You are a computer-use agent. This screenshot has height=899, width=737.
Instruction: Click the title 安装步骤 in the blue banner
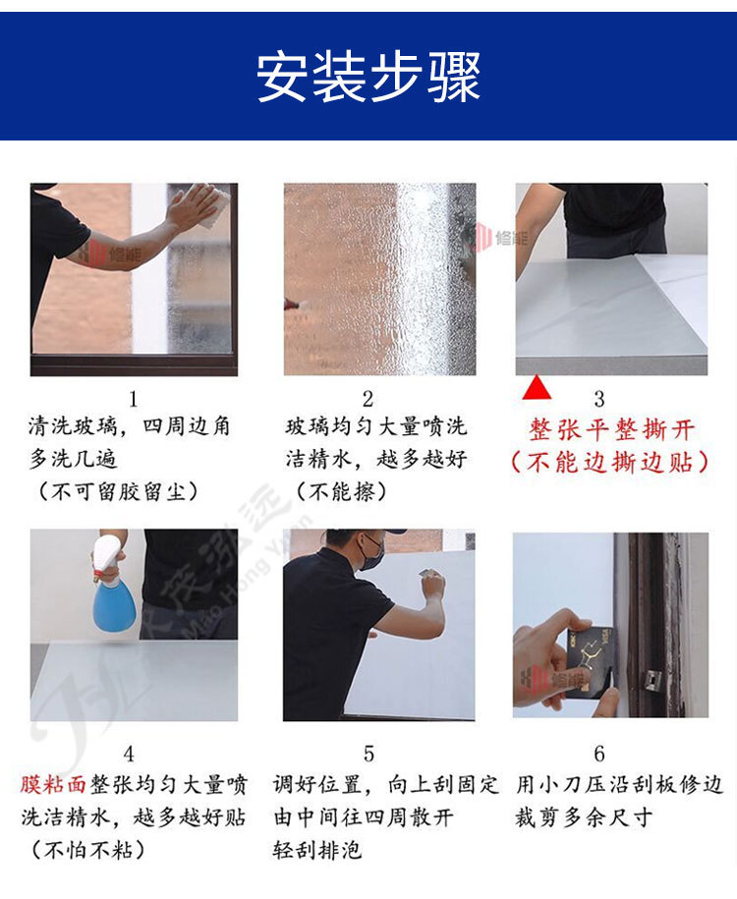[x=368, y=76]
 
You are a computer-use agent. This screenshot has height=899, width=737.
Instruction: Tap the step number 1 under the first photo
[x=134, y=399]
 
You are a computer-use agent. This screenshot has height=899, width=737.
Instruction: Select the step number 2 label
[x=368, y=399]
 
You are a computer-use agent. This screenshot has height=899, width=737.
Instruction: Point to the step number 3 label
[x=599, y=399]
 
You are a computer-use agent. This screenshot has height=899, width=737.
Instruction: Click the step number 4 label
[x=129, y=754]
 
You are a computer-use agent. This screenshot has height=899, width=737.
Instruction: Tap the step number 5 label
[x=368, y=754]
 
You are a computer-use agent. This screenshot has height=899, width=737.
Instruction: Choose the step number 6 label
[x=599, y=754]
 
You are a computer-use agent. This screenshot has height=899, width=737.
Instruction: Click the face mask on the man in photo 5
[x=372, y=552]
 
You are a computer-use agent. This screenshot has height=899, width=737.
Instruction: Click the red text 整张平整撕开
[x=611, y=430]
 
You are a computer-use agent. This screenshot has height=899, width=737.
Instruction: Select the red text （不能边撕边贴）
[x=610, y=463]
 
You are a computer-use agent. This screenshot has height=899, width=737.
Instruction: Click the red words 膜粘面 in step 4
[x=55, y=785]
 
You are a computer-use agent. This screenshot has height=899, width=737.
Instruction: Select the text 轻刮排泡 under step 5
[x=316, y=849]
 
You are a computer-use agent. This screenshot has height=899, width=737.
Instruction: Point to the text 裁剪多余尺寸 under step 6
[x=584, y=817]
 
